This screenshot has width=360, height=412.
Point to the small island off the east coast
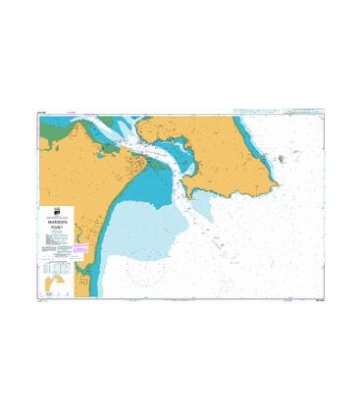tap(283, 158)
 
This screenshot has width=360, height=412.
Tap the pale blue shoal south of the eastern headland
tap(201, 201)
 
